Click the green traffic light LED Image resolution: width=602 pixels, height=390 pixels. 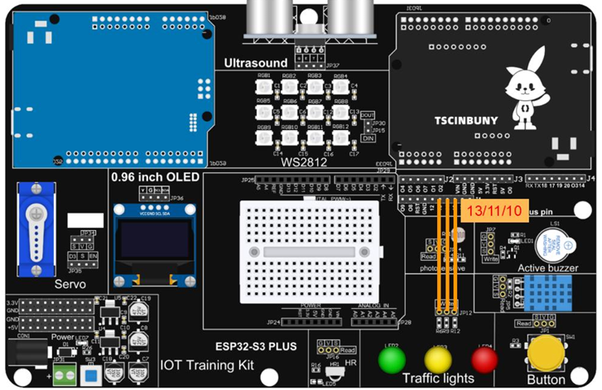pos(392,359)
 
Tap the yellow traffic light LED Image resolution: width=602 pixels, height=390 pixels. pos(438,359)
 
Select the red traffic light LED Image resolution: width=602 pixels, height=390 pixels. pos(484,359)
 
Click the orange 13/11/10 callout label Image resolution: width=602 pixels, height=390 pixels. pos(494,211)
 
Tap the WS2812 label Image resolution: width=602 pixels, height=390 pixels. pos(302,161)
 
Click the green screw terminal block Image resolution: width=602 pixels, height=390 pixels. pos(63,373)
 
